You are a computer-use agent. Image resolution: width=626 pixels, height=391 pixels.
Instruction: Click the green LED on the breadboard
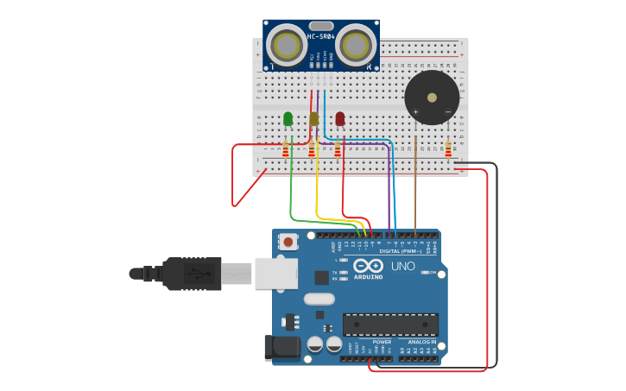click(x=288, y=118)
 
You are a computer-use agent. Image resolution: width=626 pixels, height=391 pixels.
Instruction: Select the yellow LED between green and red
click(x=313, y=118)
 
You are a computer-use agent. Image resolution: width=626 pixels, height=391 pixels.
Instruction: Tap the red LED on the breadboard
click(x=340, y=118)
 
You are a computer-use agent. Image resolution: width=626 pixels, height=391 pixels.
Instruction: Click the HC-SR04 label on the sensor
click(x=321, y=36)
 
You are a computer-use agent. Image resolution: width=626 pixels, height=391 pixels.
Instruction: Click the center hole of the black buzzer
click(x=432, y=97)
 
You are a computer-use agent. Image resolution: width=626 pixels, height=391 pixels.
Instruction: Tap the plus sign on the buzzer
click(x=415, y=111)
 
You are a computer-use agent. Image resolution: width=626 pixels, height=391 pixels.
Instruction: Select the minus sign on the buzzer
click(x=447, y=111)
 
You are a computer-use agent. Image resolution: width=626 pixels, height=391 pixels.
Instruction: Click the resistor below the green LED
click(x=286, y=151)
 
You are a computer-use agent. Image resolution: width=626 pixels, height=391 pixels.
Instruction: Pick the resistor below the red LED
click(x=338, y=151)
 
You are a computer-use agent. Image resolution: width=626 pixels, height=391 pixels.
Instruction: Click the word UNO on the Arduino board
click(x=402, y=267)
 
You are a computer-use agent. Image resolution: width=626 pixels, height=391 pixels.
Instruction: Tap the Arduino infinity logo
click(x=368, y=267)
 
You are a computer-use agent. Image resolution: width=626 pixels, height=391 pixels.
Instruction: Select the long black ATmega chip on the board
click(x=390, y=325)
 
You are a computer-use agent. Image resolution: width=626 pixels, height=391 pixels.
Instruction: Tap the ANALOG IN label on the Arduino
click(x=421, y=342)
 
